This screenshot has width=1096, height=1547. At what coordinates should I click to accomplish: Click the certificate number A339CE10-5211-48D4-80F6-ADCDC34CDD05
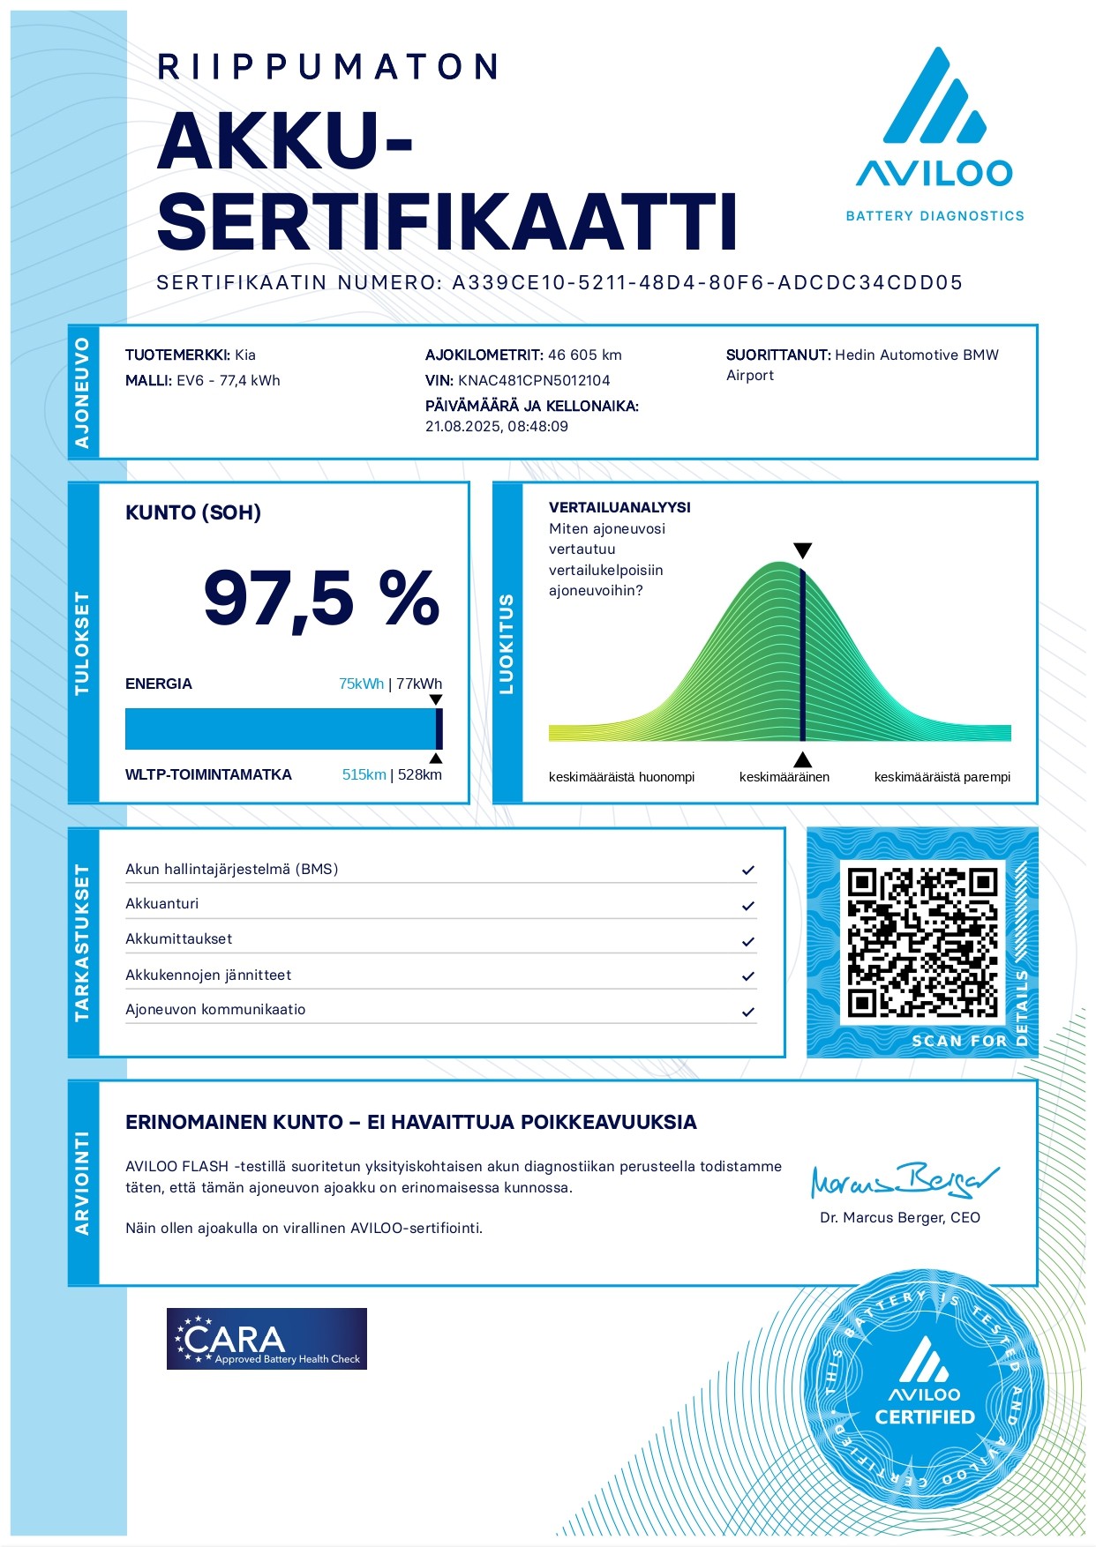point(707,283)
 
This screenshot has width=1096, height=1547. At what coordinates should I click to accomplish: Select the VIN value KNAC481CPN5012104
point(534,381)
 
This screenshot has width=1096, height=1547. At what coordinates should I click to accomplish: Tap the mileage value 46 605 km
point(584,355)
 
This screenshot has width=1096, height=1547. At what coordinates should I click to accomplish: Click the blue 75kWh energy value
point(361,684)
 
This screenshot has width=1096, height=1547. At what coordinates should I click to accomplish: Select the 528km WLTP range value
point(420,775)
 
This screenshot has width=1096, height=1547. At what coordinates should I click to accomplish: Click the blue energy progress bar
point(281,729)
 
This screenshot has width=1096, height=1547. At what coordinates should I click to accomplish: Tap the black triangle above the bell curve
point(802,551)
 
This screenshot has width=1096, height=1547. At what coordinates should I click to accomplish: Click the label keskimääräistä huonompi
point(621,778)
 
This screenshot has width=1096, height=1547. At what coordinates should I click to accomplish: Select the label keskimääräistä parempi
point(942,778)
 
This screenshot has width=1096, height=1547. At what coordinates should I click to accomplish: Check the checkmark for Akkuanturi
point(748,906)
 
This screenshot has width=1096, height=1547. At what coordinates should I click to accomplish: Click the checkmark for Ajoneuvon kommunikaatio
point(748,1012)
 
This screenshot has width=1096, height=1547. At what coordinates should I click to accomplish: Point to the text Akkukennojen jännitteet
point(208,975)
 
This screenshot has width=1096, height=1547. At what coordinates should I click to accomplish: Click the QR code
point(922,942)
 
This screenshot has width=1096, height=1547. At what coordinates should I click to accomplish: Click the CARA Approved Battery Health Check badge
point(266,1339)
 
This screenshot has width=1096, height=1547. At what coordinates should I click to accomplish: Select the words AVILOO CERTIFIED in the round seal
point(924,1407)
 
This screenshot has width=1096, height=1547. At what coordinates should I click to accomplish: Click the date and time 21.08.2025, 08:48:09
point(497,427)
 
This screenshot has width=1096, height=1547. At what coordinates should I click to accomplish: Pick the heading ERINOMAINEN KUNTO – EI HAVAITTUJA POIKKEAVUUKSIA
point(410,1123)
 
